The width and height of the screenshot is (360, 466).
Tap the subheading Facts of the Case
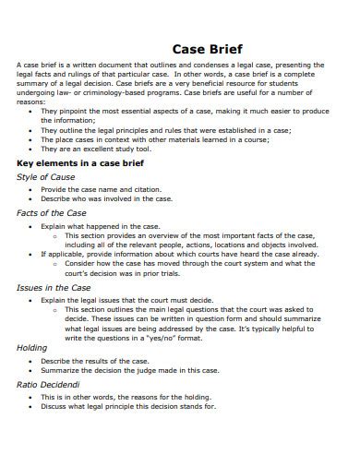coord(52,212)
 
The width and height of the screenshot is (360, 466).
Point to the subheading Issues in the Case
coord(54,287)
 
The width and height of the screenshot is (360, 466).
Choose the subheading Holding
coord(32,348)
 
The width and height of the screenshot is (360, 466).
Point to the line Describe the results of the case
coord(104,360)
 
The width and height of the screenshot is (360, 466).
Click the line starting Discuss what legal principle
coord(128,406)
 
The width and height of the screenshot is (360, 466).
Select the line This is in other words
coord(124,397)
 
